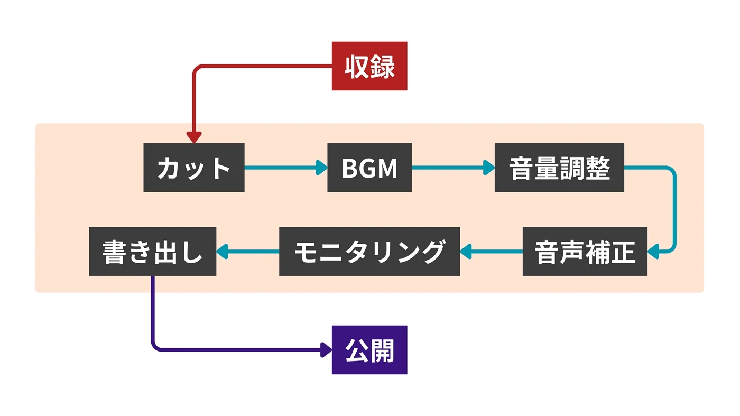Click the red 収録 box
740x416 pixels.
(x=369, y=66)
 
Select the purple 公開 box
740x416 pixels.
(x=369, y=350)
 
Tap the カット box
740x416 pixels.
(x=194, y=168)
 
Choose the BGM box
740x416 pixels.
(x=369, y=168)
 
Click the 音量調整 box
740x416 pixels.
(x=559, y=168)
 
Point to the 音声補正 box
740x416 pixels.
(x=585, y=252)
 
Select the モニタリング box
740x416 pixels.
(x=369, y=252)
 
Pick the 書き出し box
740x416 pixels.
(x=152, y=252)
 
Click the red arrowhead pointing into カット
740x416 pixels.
(x=194, y=137)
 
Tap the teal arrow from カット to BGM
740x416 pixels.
(x=285, y=168)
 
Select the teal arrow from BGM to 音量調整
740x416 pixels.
(x=453, y=168)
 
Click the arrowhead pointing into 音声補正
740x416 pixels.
(x=654, y=252)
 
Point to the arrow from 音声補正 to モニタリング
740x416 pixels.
(x=492, y=252)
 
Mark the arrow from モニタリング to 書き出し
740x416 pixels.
(x=247, y=252)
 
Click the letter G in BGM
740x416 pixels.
(x=369, y=168)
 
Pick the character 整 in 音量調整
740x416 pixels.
(x=598, y=168)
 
